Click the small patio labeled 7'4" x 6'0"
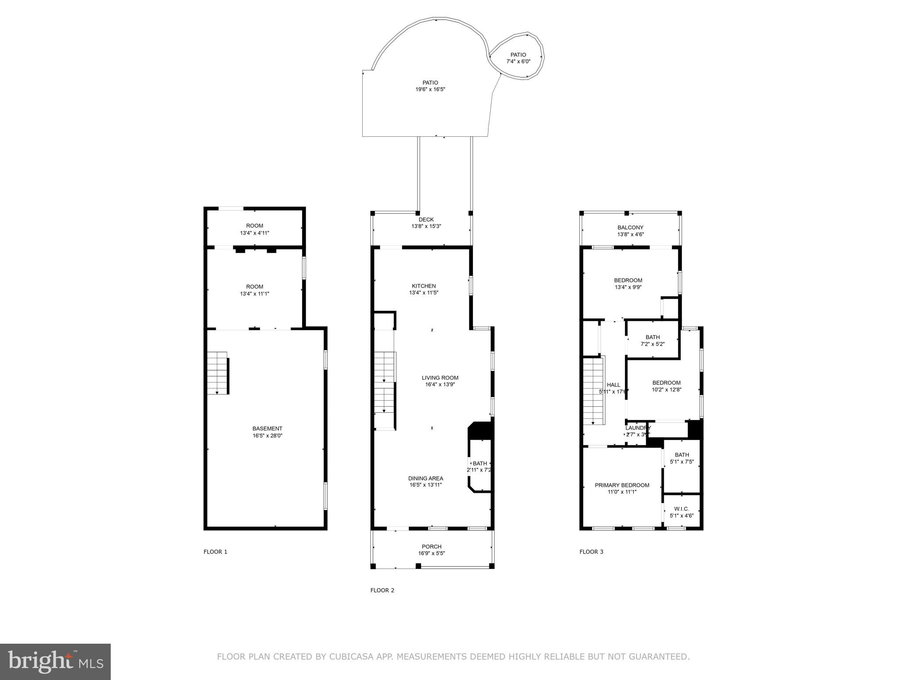pyautogui.click(x=518, y=58)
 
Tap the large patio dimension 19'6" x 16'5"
pyautogui.click(x=430, y=89)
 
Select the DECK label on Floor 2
pyautogui.click(x=426, y=220)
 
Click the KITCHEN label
pyautogui.click(x=424, y=286)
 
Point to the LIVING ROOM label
pyautogui.click(x=440, y=378)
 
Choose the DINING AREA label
pyautogui.click(x=425, y=478)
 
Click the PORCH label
pyautogui.click(x=431, y=546)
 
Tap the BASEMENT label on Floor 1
pyautogui.click(x=267, y=429)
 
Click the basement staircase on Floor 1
pyautogui.click(x=217, y=373)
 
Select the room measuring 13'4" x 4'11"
pyautogui.click(x=254, y=229)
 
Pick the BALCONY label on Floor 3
pyautogui.click(x=630, y=228)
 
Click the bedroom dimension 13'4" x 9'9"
pyautogui.click(x=628, y=287)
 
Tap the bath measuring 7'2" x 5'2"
pyautogui.click(x=652, y=340)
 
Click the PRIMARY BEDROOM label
pyautogui.click(x=622, y=485)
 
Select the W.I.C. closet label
pyautogui.click(x=681, y=509)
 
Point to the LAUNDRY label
pyautogui.click(x=638, y=428)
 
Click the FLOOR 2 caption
pyautogui.click(x=382, y=590)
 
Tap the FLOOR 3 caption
pyautogui.click(x=591, y=552)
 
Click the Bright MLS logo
pyautogui.click(x=55, y=661)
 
